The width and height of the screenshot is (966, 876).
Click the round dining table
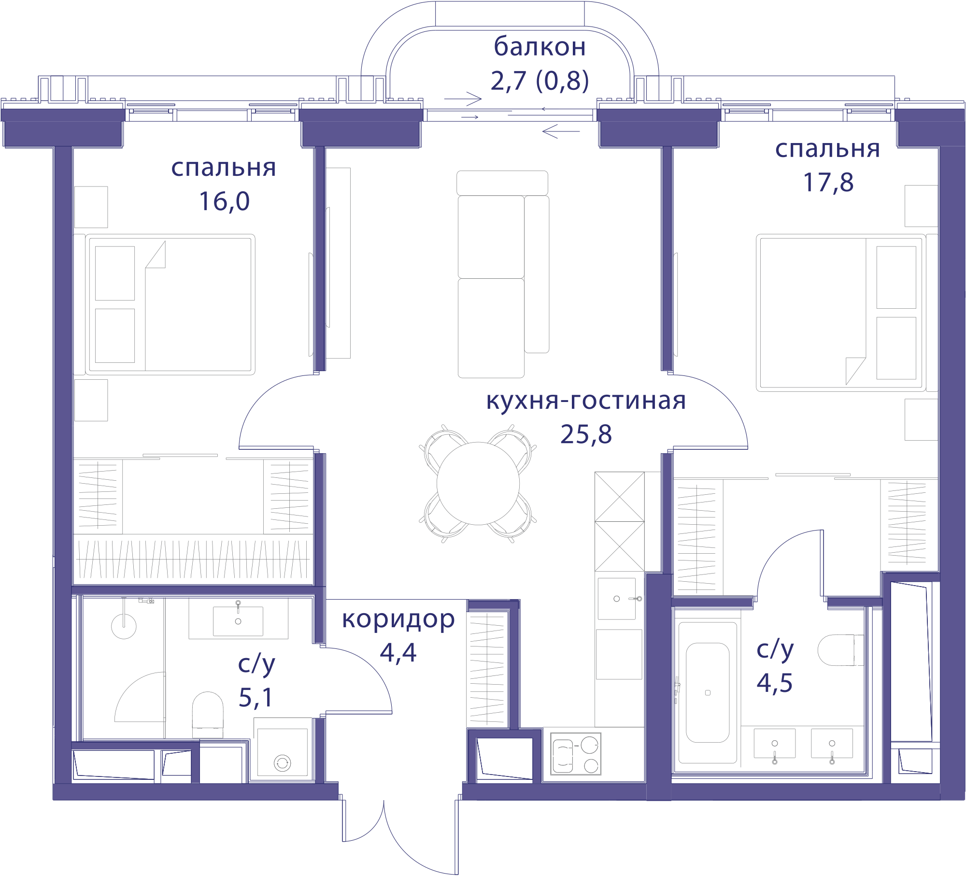pos(478,483)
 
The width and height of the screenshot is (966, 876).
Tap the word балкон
pos(540,47)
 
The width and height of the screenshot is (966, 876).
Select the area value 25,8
pos(586,434)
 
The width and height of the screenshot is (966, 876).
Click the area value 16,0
pos(224,201)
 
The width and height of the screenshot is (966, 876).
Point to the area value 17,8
pos(828,182)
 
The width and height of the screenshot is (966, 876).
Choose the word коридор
pos(398,620)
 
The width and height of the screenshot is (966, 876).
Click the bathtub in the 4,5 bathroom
pos(708,692)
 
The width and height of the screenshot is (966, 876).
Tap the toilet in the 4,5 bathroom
pos(840,650)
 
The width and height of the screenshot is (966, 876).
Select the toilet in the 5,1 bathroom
pos(208,714)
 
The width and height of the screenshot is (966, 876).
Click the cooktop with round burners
pos(576,754)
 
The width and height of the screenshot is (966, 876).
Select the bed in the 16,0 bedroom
pos(170,304)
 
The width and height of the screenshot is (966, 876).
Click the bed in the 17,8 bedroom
pos(841,313)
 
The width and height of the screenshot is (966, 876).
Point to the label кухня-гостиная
pos(586,401)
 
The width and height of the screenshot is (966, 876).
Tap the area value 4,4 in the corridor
pos(398,652)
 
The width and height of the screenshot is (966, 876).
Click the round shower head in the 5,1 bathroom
pos(124,626)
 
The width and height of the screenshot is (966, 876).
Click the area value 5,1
pos(256,697)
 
